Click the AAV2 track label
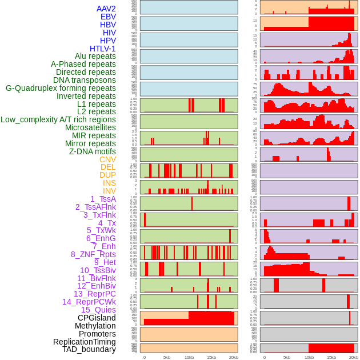tap(106, 9)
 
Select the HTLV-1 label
tap(103, 49)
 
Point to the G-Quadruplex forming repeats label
tap(61, 88)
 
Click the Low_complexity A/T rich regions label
tap(58, 119)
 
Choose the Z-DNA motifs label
tap(93, 151)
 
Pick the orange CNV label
tap(107, 159)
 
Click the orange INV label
tap(109, 191)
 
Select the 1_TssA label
tap(103, 199)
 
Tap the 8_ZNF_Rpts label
tap(93, 254)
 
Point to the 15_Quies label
tap(98, 310)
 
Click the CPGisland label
tap(97, 318)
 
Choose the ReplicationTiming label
tap(84, 342)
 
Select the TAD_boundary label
tap(89, 349)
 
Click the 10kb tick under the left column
tap(189, 357)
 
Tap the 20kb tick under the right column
tap(354, 357)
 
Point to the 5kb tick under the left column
tap(167, 357)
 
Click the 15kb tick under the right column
tap(331, 357)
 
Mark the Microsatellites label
tap(90, 127)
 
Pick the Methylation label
tap(95, 326)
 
